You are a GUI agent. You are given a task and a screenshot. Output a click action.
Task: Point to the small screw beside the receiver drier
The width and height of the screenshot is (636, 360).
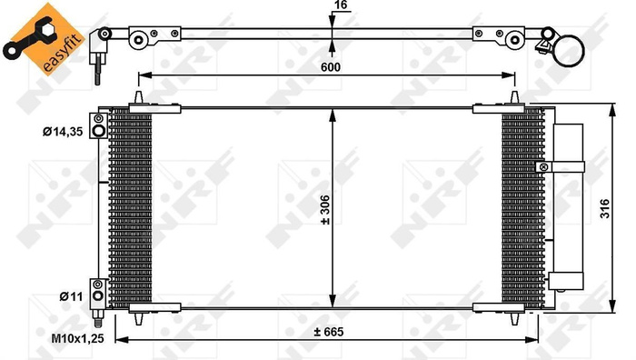pos(543,166)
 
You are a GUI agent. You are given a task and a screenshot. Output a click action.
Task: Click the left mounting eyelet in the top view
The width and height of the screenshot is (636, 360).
pos(140,39)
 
